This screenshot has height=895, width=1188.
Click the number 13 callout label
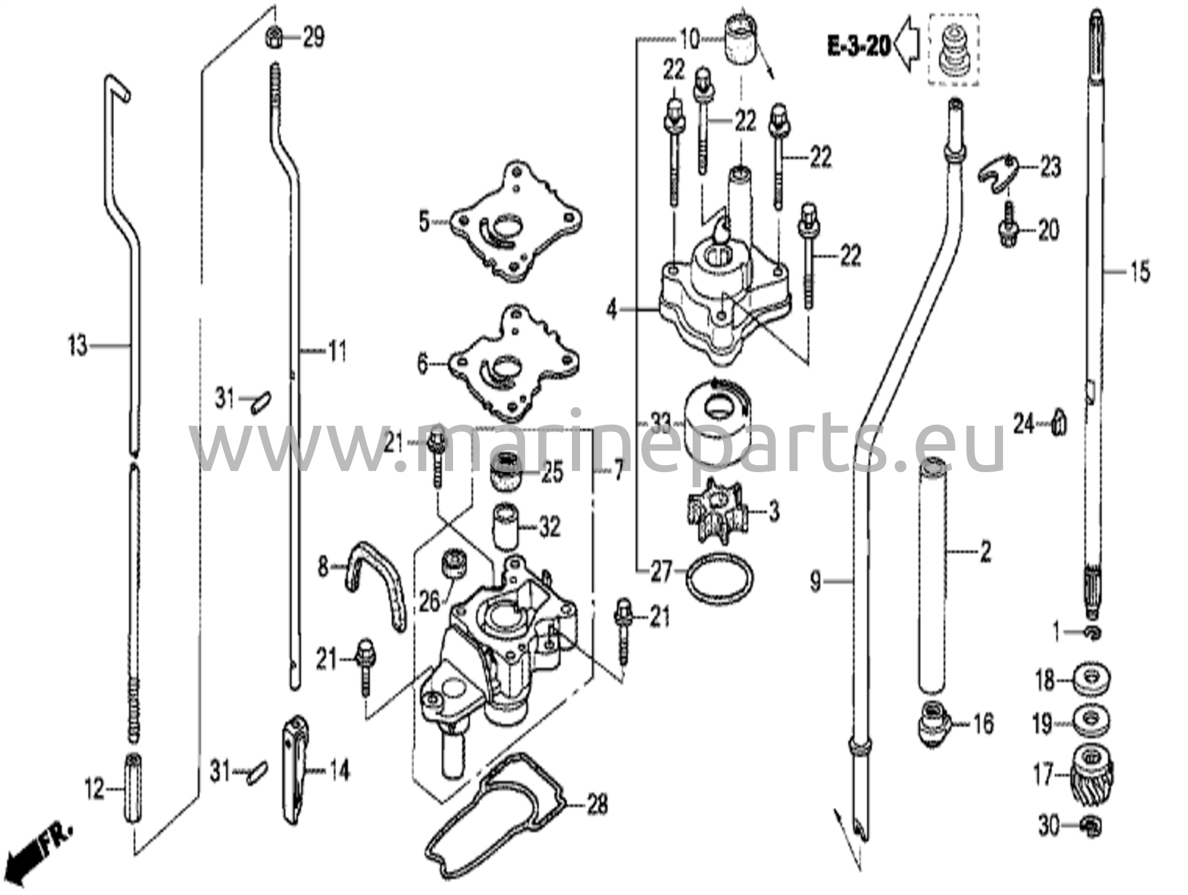[x=77, y=346]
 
